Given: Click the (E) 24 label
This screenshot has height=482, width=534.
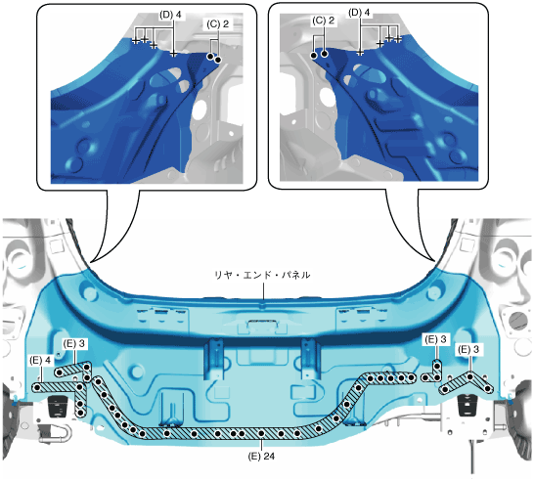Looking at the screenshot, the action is click(x=261, y=456).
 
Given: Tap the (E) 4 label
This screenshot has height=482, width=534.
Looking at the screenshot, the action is click(x=40, y=360).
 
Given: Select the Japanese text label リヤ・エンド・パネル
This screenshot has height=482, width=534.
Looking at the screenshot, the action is click(x=262, y=275).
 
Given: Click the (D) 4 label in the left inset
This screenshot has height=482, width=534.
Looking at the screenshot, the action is click(x=170, y=15).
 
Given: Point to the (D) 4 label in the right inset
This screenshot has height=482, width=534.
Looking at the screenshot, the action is click(x=359, y=13).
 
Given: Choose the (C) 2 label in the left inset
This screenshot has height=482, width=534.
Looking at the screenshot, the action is click(x=217, y=23).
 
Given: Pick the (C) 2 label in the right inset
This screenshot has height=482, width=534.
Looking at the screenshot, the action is click(x=323, y=21).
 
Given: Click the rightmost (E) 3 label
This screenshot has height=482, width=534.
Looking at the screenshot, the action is click(x=468, y=349).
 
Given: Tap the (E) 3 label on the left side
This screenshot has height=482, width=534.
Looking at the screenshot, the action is click(x=73, y=343).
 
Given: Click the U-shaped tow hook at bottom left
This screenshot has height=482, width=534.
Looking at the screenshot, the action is click(x=56, y=434).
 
